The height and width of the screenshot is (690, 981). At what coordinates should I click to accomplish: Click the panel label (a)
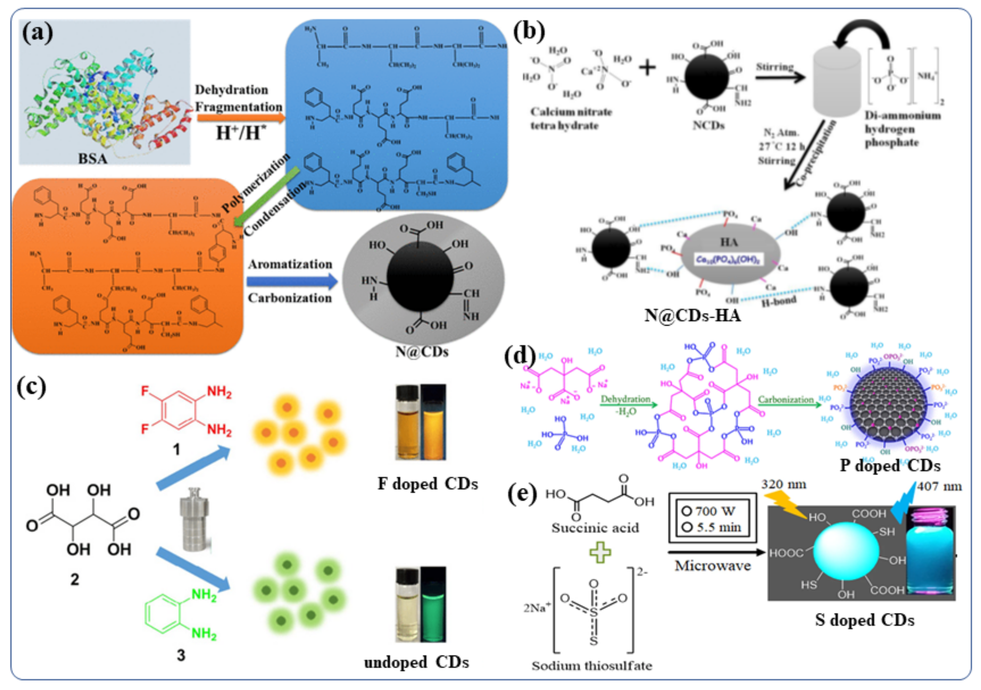(38, 33)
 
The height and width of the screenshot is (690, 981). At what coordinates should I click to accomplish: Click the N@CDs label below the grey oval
(422, 352)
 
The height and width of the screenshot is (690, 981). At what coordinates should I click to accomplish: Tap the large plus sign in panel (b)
(647, 68)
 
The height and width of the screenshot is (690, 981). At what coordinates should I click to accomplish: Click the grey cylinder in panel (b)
(836, 81)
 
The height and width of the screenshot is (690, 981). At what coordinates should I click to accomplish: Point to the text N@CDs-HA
(692, 315)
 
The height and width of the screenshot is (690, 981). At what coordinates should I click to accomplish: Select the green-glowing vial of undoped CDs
(433, 604)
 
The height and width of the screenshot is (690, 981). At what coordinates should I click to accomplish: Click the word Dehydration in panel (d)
(625, 399)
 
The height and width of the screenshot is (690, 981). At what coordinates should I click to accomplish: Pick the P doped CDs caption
(890, 465)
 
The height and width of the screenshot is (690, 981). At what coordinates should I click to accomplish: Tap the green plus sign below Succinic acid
(600, 552)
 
